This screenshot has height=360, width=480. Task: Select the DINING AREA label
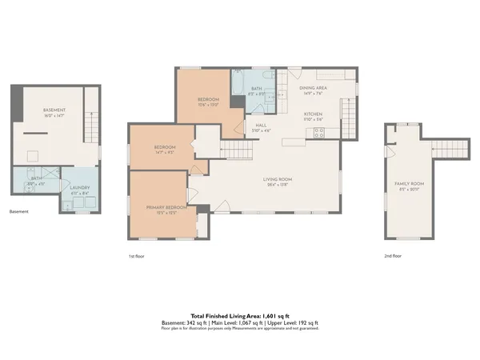(312, 90)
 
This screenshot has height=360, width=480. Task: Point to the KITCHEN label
(313, 115)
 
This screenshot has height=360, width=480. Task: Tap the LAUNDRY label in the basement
(80, 189)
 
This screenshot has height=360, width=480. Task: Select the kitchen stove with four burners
(319, 133)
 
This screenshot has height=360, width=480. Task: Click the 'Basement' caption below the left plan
(19, 212)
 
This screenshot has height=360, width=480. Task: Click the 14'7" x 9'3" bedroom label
(165, 150)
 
